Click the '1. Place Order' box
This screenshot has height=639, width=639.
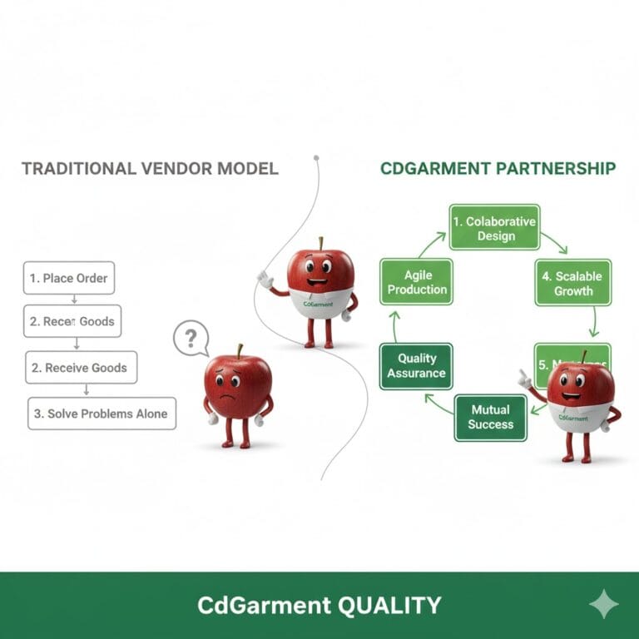tap(67, 278)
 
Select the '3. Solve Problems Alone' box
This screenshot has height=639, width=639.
tap(102, 413)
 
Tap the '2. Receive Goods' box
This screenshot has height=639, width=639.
tap(81, 367)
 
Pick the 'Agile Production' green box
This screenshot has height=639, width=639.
tap(416, 282)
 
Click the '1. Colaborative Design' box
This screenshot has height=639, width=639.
tap(494, 228)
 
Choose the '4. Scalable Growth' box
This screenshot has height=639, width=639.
tap(573, 283)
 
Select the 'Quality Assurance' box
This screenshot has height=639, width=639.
tap(416, 366)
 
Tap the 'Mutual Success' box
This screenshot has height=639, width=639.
tap(491, 417)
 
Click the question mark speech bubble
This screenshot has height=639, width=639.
tap(191, 339)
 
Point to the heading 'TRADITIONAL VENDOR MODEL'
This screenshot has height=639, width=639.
tap(150, 168)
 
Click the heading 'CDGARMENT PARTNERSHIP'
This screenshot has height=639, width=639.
tap(498, 168)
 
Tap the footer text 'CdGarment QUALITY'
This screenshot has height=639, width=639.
tap(319, 605)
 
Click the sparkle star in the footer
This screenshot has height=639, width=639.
tap(603, 605)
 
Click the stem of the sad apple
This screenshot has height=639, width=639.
tap(240, 350)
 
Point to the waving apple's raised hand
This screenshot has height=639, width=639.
tap(265, 279)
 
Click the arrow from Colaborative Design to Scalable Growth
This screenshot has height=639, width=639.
tap(554, 242)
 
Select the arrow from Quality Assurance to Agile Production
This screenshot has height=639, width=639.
tap(396, 324)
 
